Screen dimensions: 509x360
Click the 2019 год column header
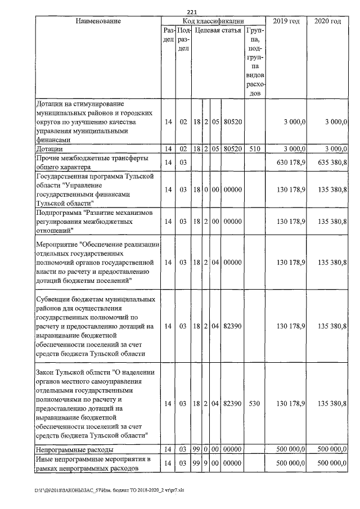point(286,21)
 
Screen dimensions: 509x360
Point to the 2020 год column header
point(327,21)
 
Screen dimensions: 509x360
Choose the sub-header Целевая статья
point(217,30)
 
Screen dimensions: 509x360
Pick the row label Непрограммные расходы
point(74,450)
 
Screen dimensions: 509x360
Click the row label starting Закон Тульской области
point(93,403)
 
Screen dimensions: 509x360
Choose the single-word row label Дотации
point(49,148)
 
